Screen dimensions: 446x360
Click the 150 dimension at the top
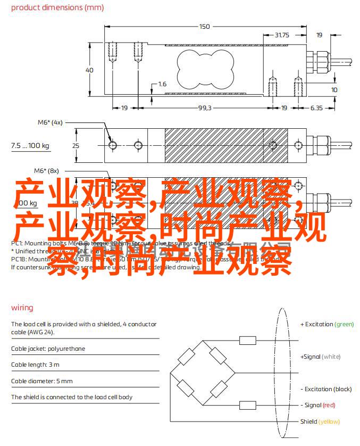click(x=205, y=26)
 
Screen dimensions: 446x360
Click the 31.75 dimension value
click(x=281, y=35)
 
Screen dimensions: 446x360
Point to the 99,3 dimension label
click(x=205, y=108)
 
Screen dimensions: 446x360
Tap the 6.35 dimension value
click(x=316, y=108)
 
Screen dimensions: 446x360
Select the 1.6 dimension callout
click(x=162, y=84)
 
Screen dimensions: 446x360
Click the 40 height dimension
click(x=89, y=70)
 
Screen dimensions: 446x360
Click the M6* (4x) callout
click(x=49, y=122)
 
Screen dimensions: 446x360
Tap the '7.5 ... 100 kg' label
click(x=30, y=145)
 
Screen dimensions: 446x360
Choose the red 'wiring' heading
click(x=22, y=308)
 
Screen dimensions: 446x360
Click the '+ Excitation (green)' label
click(x=326, y=324)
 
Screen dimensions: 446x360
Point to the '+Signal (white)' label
click(x=320, y=357)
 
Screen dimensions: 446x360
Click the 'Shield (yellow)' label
click(x=320, y=422)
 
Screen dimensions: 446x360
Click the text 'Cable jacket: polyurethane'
click(x=48, y=349)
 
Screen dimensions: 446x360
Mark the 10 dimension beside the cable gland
click(x=334, y=90)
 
